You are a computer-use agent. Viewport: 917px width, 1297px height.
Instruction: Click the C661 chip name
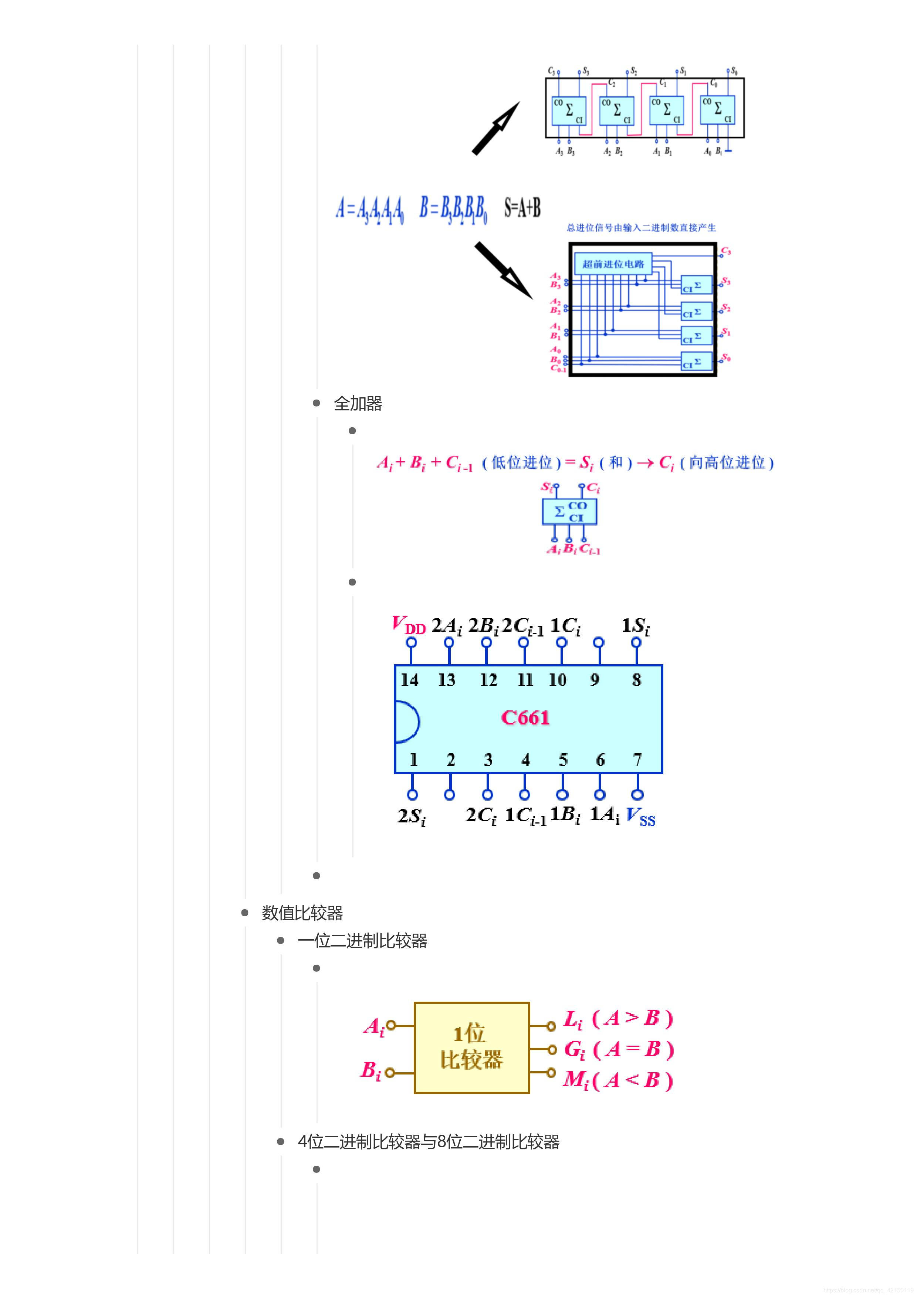(x=525, y=717)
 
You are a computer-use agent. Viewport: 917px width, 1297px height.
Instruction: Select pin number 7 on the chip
(x=637, y=760)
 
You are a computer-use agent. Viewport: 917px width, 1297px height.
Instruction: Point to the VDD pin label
(x=408, y=625)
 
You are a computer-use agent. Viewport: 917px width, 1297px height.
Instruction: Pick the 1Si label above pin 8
(x=636, y=626)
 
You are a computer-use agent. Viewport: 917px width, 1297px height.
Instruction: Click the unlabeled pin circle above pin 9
(x=598, y=642)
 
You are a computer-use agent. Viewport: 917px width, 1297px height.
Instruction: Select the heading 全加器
(x=358, y=403)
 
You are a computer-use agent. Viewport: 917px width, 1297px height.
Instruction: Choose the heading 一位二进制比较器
(x=362, y=941)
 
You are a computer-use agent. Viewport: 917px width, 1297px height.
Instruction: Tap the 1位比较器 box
(x=472, y=1048)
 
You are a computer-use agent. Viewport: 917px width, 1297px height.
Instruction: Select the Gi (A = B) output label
(x=619, y=1050)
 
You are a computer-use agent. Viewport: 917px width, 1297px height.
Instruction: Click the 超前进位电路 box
(x=613, y=264)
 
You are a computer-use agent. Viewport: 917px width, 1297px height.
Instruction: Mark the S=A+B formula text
(x=522, y=208)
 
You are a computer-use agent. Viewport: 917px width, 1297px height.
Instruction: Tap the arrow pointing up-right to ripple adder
(x=495, y=128)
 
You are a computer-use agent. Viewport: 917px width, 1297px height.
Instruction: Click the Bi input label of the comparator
(x=370, y=1070)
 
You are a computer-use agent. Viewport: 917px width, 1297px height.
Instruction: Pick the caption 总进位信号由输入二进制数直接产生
(x=641, y=228)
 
